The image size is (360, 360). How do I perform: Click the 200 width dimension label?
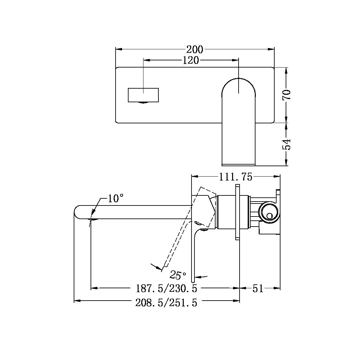[195, 50]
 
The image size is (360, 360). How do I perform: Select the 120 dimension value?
[191, 60]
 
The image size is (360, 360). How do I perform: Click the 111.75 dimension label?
[235, 177]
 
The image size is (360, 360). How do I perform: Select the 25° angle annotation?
[178, 275]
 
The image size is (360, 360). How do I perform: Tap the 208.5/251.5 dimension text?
[166, 303]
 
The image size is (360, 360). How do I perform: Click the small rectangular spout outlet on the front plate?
[143, 95]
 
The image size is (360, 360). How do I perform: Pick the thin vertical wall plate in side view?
[237, 213]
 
